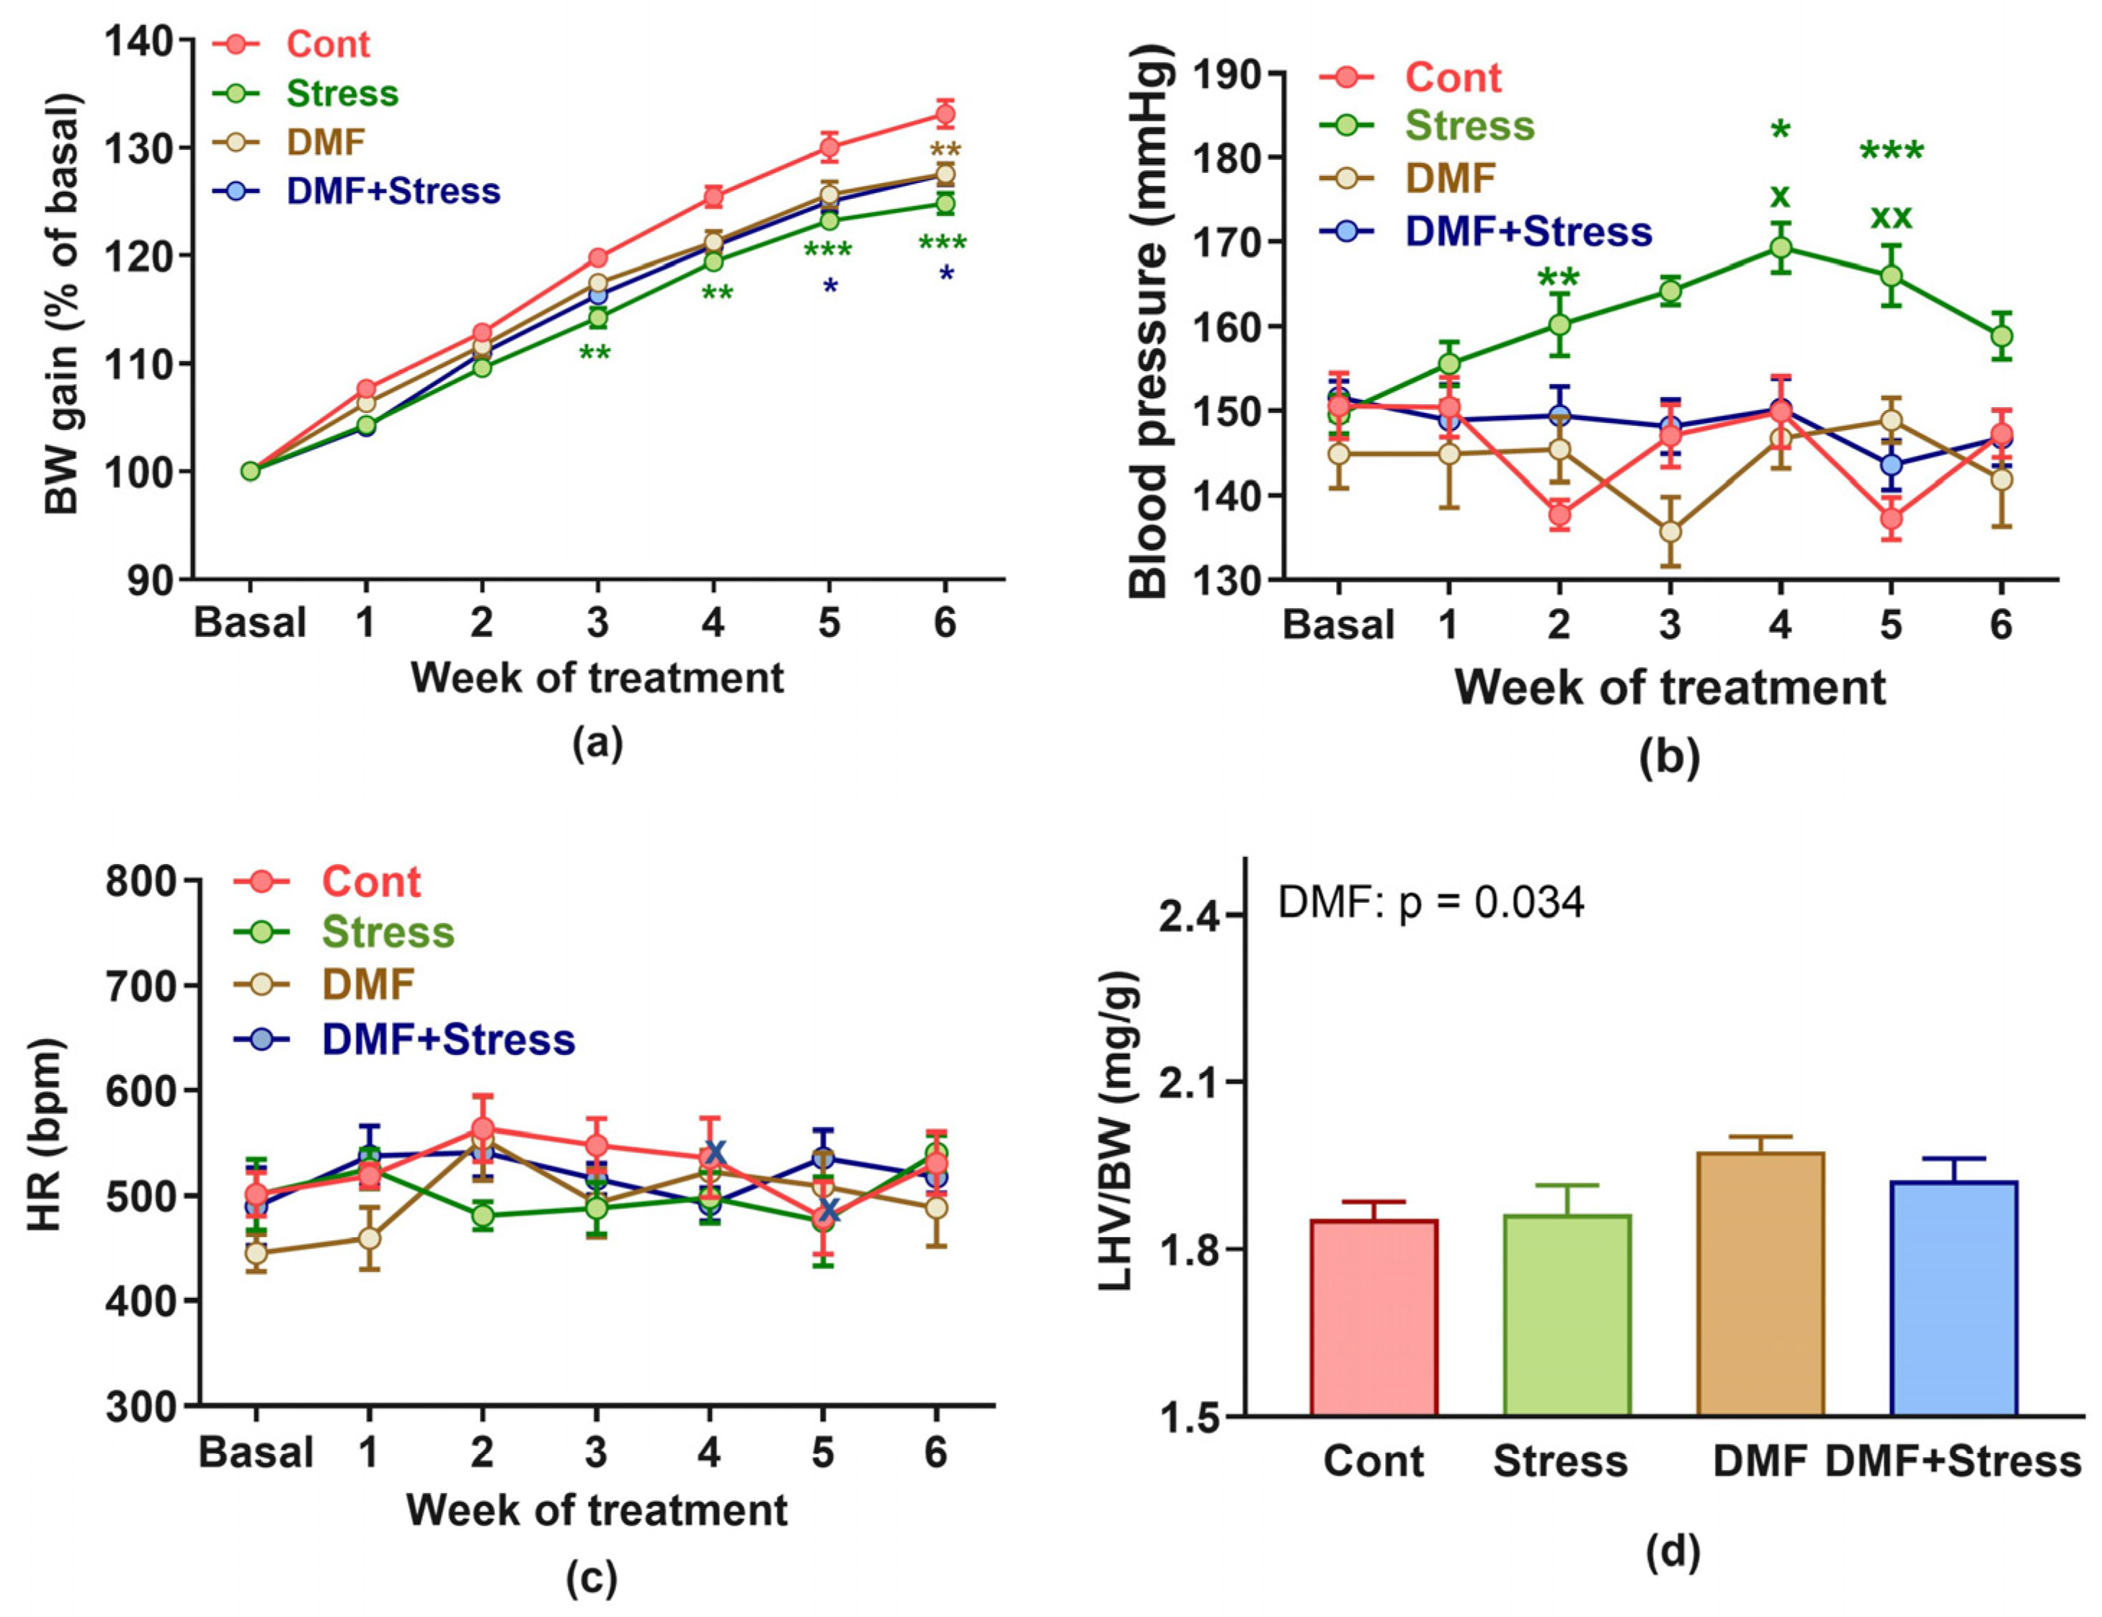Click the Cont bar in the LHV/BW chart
click(1373, 1318)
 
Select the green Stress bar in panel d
click(1567, 1315)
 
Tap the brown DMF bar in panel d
click(1760, 1284)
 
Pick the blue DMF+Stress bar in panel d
click(1954, 1298)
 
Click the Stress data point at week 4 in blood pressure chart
click(1781, 247)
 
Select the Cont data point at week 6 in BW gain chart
click(945, 115)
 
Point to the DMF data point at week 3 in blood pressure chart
click(1671, 531)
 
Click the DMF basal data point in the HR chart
click(256, 1253)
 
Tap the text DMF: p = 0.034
click(1430, 903)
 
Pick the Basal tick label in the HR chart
click(256, 1453)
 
